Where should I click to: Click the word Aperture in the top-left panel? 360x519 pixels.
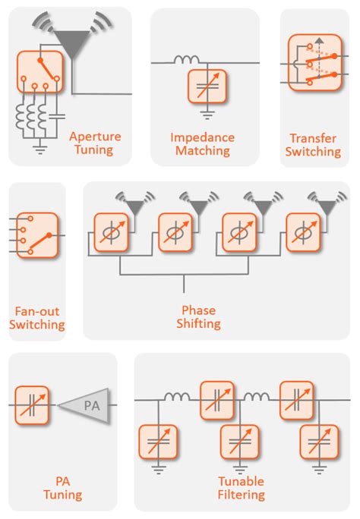95,137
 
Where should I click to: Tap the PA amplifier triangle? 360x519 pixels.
84,405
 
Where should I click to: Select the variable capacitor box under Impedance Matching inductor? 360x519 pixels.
207,86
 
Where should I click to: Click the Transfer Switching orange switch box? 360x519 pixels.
314,62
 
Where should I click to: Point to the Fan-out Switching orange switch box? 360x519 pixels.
37,235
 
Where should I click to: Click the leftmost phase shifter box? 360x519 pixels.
112,232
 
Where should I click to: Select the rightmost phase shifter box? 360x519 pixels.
303,232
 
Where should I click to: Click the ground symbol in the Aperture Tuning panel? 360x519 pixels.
40,149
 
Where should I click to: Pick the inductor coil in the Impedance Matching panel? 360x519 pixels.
187,60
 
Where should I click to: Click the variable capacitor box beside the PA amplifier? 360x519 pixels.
32,405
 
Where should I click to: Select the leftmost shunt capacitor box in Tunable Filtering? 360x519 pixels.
158,442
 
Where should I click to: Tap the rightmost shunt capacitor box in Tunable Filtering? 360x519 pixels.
319,442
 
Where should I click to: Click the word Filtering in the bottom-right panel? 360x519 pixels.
242,495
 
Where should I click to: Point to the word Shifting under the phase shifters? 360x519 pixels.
199,323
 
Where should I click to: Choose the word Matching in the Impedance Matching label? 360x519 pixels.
203,150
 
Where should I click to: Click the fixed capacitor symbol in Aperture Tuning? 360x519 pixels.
57,116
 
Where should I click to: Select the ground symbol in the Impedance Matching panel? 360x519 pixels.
207,115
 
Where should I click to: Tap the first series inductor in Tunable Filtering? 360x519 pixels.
177,396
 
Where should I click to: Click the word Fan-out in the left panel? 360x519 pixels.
37,311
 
